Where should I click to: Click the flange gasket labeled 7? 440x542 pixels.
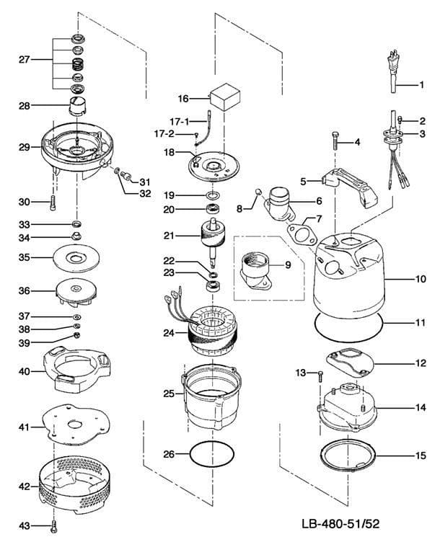click(301, 233)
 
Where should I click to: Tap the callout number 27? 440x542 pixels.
click(24, 60)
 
